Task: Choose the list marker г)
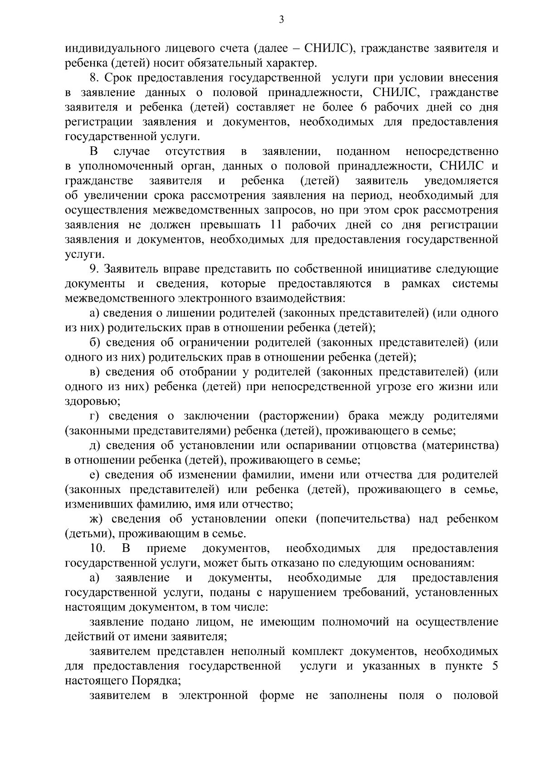click(x=94, y=416)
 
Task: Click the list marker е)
click(x=94, y=475)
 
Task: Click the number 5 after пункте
click(x=495, y=667)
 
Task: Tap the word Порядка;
click(x=157, y=681)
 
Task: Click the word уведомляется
click(x=461, y=181)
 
